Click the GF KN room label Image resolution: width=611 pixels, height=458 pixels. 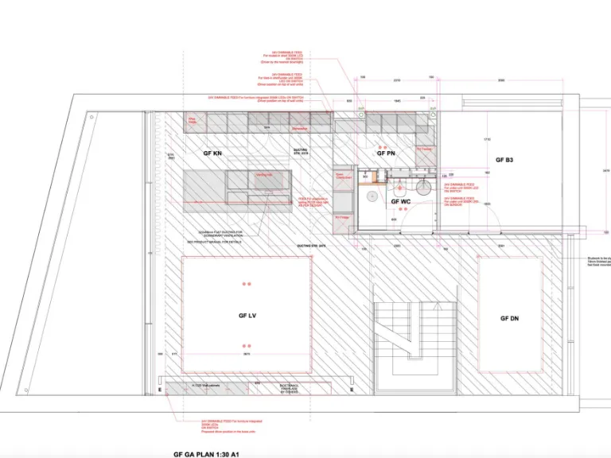[x=212, y=152]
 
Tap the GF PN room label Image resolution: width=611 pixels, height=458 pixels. [x=386, y=153]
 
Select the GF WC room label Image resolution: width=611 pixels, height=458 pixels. [x=400, y=202]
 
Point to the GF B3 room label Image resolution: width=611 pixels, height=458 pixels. [x=504, y=161]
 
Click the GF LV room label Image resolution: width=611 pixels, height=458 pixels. [x=247, y=316]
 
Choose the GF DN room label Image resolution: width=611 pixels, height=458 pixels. [x=509, y=318]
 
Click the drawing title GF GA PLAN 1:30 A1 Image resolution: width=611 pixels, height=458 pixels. [x=206, y=455]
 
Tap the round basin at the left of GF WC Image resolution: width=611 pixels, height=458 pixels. [x=371, y=194]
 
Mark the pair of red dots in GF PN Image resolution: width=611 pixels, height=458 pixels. [x=386, y=146]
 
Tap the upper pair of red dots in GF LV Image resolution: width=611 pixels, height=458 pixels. [x=247, y=284]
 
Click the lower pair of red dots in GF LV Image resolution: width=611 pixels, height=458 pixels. [x=247, y=346]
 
